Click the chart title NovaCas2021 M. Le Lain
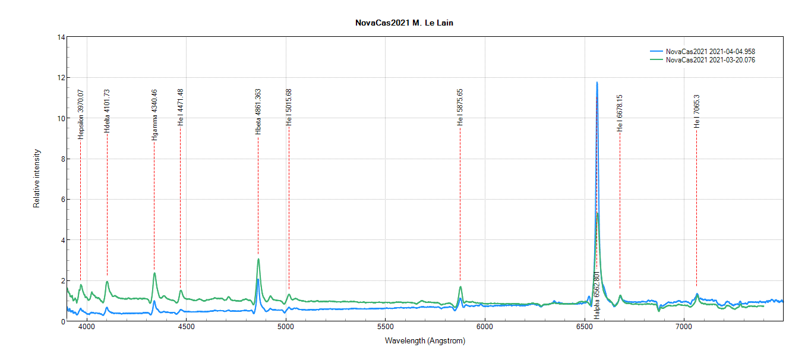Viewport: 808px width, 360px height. (x=403, y=23)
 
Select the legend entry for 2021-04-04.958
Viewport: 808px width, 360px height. (x=710, y=52)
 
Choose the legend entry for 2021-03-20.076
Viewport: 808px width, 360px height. (x=710, y=60)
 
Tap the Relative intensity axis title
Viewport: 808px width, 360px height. (x=37, y=178)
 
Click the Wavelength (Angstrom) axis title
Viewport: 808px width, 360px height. (x=425, y=341)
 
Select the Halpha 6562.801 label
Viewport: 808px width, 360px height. (x=596, y=296)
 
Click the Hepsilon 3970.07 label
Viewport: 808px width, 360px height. (x=81, y=114)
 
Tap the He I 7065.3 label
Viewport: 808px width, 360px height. (x=697, y=111)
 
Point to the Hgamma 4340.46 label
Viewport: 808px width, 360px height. (x=154, y=115)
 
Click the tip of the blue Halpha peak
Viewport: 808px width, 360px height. (x=597, y=83)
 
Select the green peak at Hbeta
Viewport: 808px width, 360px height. (x=258, y=259)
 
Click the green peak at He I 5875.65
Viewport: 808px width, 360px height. (x=460, y=287)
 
